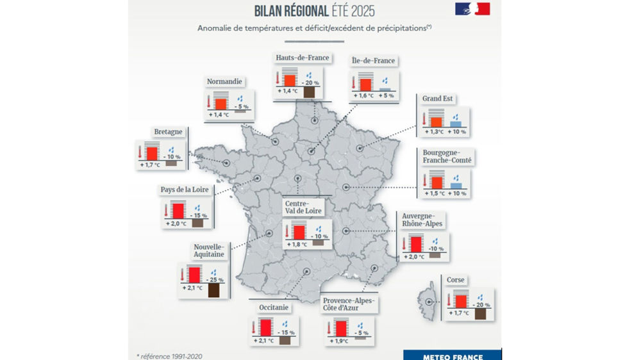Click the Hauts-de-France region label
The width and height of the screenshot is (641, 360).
[303, 58]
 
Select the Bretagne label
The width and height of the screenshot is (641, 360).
[168, 132]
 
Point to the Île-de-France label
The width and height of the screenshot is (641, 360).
[374, 61]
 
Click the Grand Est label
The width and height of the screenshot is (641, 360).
[438, 99]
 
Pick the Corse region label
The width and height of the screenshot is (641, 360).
[456, 280]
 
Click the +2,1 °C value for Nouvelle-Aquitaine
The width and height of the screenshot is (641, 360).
[192, 288]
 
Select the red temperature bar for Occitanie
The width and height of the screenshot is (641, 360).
[266, 327]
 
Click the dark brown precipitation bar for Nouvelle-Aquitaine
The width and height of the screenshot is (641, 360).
[213, 291]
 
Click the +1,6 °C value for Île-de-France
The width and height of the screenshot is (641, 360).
[363, 95]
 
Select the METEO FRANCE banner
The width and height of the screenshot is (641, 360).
[453, 356]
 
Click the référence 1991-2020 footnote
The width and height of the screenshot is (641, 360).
[173, 356]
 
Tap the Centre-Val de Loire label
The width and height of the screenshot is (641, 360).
[304, 207]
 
